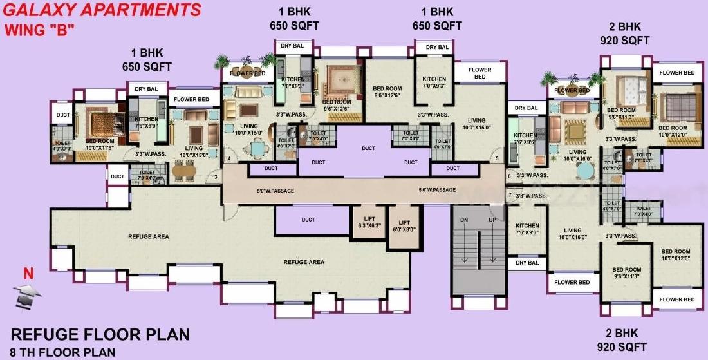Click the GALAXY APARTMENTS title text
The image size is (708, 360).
click(x=102, y=10)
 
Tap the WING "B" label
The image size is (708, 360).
click(x=40, y=30)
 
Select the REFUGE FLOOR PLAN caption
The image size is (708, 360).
click(x=100, y=334)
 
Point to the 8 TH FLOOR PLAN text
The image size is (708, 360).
click(x=63, y=352)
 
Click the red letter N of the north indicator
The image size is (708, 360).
click(x=28, y=274)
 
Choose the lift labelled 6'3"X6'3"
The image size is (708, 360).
click(x=369, y=222)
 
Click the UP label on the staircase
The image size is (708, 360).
click(x=492, y=220)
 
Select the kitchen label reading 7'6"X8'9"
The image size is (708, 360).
click(x=146, y=122)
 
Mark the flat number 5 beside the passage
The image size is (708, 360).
click(x=496, y=158)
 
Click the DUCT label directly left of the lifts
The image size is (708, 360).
click(x=308, y=220)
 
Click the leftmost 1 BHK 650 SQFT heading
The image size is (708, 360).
click(x=147, y=60)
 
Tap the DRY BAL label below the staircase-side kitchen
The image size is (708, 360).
click(x=527, y=263)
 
